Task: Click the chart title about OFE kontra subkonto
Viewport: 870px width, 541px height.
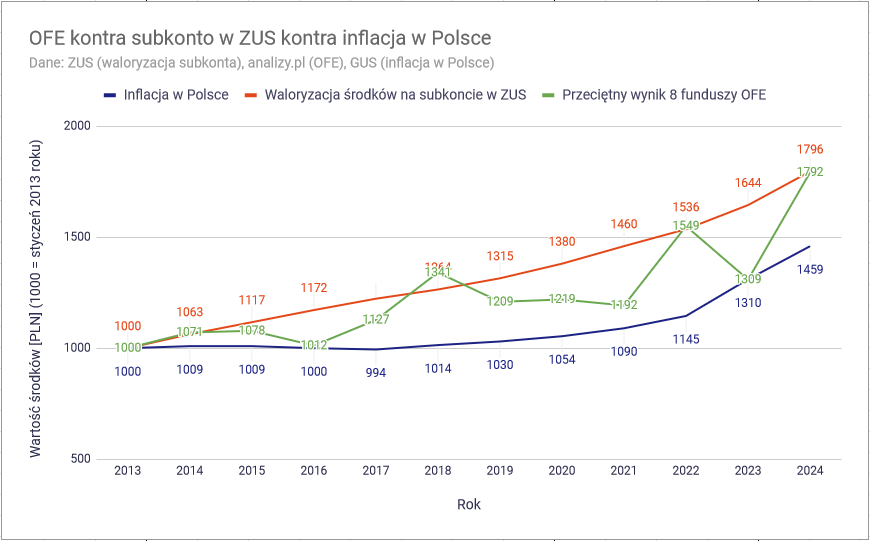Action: coord(260,39)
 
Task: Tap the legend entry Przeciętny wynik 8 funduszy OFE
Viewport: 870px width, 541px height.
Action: coord(664,95)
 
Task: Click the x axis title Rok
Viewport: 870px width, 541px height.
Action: coord(469,505)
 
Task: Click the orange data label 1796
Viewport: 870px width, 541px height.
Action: coord(810,149)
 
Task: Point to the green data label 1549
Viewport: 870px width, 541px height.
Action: coord(686,225)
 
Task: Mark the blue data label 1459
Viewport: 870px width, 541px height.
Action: coord(810,269)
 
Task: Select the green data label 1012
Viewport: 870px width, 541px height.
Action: coord(314,345)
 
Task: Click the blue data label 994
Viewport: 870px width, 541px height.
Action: coord(376,372)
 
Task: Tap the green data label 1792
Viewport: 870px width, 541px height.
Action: coord(810,172)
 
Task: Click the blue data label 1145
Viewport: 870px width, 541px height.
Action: coord(686,339)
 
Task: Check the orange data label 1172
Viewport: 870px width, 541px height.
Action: coord(314,288)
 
